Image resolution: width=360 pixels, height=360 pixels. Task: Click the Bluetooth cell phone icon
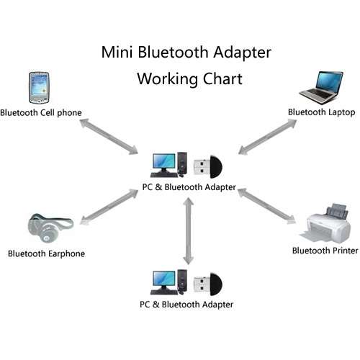[39, 88]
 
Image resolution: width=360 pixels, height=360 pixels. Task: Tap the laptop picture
[321, 87]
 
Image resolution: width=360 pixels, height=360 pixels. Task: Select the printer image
[325, 222]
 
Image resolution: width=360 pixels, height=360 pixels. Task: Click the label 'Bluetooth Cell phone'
[41, 113]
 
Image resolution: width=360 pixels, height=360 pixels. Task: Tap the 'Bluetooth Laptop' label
[322, 112]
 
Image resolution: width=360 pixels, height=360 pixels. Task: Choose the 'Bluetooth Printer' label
[325, 251]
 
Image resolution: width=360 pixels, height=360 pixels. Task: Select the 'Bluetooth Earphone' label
[46, 254]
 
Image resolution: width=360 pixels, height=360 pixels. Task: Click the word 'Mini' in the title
[117, 52]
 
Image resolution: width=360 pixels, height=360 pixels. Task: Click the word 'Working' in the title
[167, 79]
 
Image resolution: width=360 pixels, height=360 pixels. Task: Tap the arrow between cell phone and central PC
[109, 136]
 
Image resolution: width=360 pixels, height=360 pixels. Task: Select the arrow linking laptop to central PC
[268, 137]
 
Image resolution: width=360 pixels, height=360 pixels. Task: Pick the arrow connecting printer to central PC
[267, 206]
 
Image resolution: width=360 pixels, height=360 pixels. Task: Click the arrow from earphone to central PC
[109, 207]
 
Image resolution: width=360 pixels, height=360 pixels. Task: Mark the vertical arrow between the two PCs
[189, 231]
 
